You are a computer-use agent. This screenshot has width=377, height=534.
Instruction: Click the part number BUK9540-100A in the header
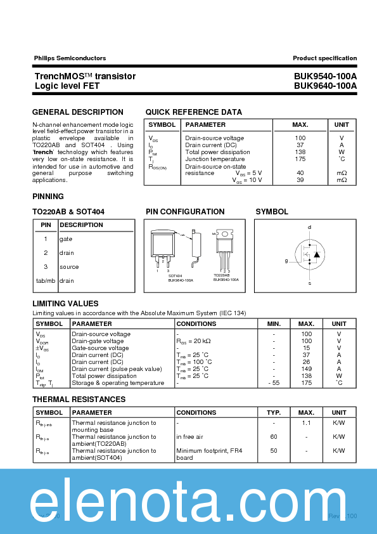pos(325,76)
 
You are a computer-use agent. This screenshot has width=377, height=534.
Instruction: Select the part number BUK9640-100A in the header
pos(325,85)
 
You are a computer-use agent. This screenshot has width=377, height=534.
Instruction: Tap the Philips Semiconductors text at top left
pos(70,58)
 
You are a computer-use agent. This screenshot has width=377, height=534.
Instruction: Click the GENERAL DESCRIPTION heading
pos(78,112)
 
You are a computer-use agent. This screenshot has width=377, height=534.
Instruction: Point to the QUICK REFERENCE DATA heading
pos(194,112)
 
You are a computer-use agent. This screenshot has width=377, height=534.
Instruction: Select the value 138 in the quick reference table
pos(300,152)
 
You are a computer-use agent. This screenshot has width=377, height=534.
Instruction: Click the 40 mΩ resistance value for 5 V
pos(300,173)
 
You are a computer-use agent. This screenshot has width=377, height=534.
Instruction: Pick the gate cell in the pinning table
pos(66,239)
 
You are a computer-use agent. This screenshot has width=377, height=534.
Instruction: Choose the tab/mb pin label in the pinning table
pos(46,280)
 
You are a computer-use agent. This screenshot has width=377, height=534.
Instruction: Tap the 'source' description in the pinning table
pos(69,267)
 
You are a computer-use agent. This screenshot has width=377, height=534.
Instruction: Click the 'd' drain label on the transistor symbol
pos(309,227)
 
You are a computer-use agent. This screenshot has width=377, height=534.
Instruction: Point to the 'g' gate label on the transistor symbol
pos(286,261)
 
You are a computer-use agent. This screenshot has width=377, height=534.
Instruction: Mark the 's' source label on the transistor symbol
pos(309,283)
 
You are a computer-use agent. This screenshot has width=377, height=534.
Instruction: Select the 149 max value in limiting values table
pos(306,369)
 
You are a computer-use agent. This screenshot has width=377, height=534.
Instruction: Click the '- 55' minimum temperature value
pos(274,383)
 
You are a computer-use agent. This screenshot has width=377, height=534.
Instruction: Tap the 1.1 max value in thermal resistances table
pos(306,422)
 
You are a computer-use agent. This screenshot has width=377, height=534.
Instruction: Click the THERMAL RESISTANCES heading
pos(79,400)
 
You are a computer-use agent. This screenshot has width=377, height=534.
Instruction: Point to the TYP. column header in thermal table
pos(274,412)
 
